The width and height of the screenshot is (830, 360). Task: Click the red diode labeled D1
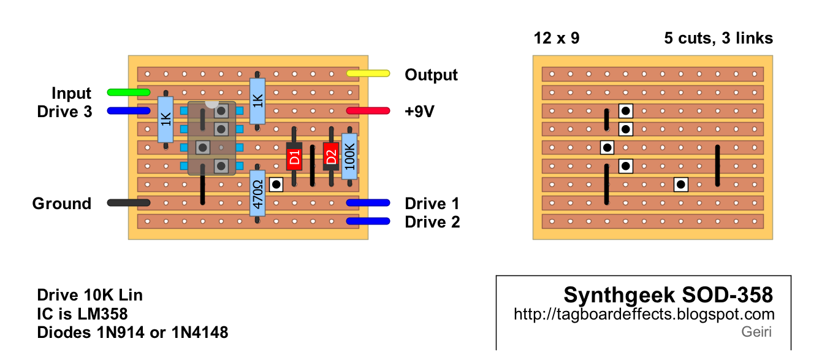coord(294,156)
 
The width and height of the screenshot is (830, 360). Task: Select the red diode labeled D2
coord(331,156)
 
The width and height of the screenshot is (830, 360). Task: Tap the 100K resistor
coord(349,157)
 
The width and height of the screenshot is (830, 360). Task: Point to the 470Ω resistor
coord(257,192)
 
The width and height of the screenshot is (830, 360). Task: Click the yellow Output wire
coord(368,74)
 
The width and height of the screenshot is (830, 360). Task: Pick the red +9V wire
coord(368,111)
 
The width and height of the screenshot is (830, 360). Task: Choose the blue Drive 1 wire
coord(368,203)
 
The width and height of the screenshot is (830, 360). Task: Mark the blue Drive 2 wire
coord(368,221)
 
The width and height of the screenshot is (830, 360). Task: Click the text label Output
coord(431,75)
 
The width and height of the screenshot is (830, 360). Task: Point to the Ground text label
coord(61,204)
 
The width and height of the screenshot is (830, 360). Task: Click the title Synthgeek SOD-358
coord(668,296)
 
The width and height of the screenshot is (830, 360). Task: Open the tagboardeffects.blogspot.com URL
coord(644,315)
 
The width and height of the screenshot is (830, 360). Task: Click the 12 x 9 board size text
coord(557,39)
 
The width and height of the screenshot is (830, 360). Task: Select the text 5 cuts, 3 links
coord(718,39)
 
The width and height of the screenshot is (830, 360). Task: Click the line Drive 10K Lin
coord(90,295)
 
